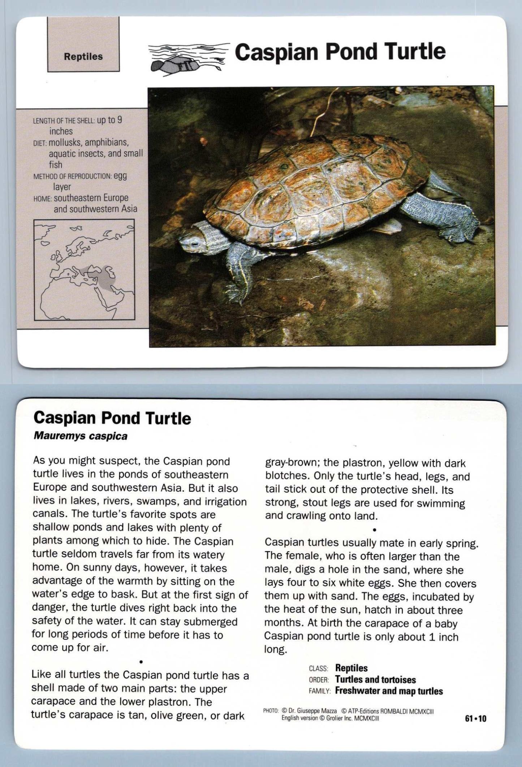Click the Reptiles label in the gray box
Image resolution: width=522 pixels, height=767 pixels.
tap(83, 57)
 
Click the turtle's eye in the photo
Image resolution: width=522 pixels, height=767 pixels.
tap(195, 244)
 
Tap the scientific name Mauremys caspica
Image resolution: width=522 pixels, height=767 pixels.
tap(80, 436)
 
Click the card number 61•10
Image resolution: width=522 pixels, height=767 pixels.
tap(475, 719)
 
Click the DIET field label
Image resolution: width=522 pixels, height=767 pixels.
tap(40, 143)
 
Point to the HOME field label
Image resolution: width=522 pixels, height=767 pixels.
tap(43, 199)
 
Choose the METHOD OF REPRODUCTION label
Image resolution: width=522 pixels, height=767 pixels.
tap(72, 177)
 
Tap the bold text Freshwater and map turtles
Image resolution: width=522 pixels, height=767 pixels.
tap(389, 691)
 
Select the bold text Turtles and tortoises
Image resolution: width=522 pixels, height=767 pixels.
tap(375, 680)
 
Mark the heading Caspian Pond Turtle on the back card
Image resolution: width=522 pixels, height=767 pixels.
tap(112, 418)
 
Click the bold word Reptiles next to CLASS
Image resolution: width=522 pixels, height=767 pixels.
tap(351, 668)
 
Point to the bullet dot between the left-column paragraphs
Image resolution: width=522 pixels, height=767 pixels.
tap(141, 662)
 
